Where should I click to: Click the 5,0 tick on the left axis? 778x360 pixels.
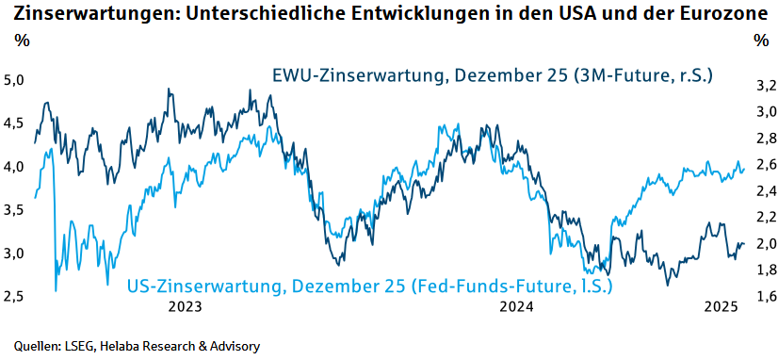pos(14,80)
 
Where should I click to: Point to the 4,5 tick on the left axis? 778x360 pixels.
pos(14,123)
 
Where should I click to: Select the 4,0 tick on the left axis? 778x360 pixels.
pos(14,167)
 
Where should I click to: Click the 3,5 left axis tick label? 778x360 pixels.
pos(14,210)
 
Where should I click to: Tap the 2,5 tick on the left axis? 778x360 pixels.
pos(14,297)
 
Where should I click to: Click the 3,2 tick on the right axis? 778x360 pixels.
pos(765,86)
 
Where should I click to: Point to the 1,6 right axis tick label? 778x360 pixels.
pos(765,297)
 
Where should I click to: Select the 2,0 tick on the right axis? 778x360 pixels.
pos(765,244)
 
